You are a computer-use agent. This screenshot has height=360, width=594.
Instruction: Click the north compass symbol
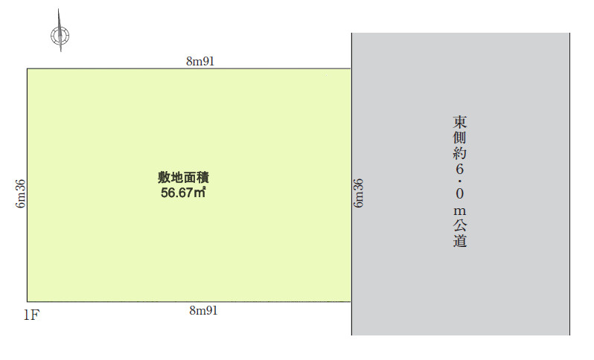click(60, 35)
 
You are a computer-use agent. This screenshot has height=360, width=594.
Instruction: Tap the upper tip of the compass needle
click(58, 9)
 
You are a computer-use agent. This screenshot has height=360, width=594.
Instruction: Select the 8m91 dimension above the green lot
click(200, 61)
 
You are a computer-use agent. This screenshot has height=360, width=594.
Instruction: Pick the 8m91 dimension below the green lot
click(203, 310)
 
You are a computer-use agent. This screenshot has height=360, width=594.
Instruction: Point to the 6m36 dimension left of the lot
click(20, 193)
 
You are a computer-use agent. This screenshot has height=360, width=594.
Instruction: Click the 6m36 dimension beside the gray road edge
click(358, 193)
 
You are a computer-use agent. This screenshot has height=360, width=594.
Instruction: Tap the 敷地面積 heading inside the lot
click(183, 177)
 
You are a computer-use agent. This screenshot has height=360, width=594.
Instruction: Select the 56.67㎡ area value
click(183, 193)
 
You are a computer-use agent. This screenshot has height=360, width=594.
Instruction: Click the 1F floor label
click(31, 315)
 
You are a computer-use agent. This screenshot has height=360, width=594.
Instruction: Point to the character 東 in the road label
click(459, 122)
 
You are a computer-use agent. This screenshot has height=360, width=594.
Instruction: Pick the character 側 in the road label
click(459, 138)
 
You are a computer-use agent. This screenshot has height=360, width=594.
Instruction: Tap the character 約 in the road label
click(459, 153)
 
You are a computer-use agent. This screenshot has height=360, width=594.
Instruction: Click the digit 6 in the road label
click(459, 169)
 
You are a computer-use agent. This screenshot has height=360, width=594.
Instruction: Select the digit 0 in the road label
click(459, 194)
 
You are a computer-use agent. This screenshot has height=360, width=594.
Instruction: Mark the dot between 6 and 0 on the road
click(459, 181)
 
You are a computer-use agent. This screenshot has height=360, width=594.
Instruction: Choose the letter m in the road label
click(459, 210)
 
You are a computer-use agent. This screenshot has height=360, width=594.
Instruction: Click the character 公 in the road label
click(459, 225)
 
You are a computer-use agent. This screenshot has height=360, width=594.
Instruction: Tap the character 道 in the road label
click(459, 240)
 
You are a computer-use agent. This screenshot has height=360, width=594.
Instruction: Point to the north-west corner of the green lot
click(28, 69)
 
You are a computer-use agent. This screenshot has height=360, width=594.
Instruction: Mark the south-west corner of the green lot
click(28, 301)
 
